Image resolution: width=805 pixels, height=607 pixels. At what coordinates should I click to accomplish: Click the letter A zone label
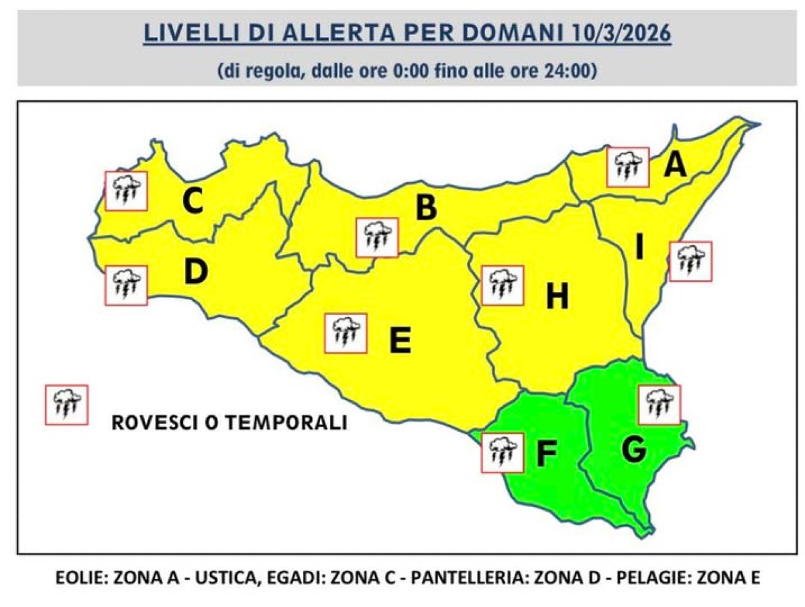point(676,164)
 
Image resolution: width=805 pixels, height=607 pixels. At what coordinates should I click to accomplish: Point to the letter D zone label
point(196,273)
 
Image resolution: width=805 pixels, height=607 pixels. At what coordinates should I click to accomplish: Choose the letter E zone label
point(400,341)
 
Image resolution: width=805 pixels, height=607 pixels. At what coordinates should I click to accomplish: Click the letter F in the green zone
point(547,454)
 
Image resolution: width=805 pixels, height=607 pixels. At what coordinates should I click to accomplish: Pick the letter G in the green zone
point(634,451)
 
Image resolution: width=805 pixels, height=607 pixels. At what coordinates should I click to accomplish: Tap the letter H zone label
point(557,296)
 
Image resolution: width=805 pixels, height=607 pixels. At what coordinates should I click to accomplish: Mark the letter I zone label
point(639,249)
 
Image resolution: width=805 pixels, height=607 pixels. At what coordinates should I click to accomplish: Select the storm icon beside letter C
point(126,191)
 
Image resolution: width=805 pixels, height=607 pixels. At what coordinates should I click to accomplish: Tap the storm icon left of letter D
point(126,285)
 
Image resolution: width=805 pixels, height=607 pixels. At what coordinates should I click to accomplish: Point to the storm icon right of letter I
point(690,261)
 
